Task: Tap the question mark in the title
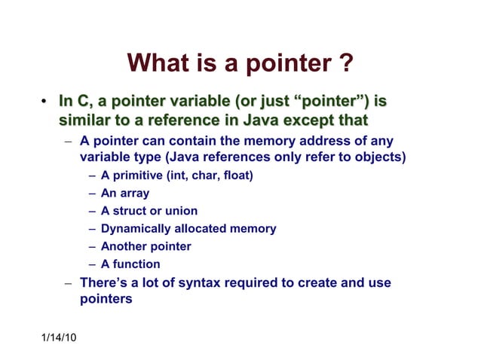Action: click(x=345, y=63)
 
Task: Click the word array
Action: click(x=134, y=194)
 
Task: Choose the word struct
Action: click(x=130, y=211)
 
